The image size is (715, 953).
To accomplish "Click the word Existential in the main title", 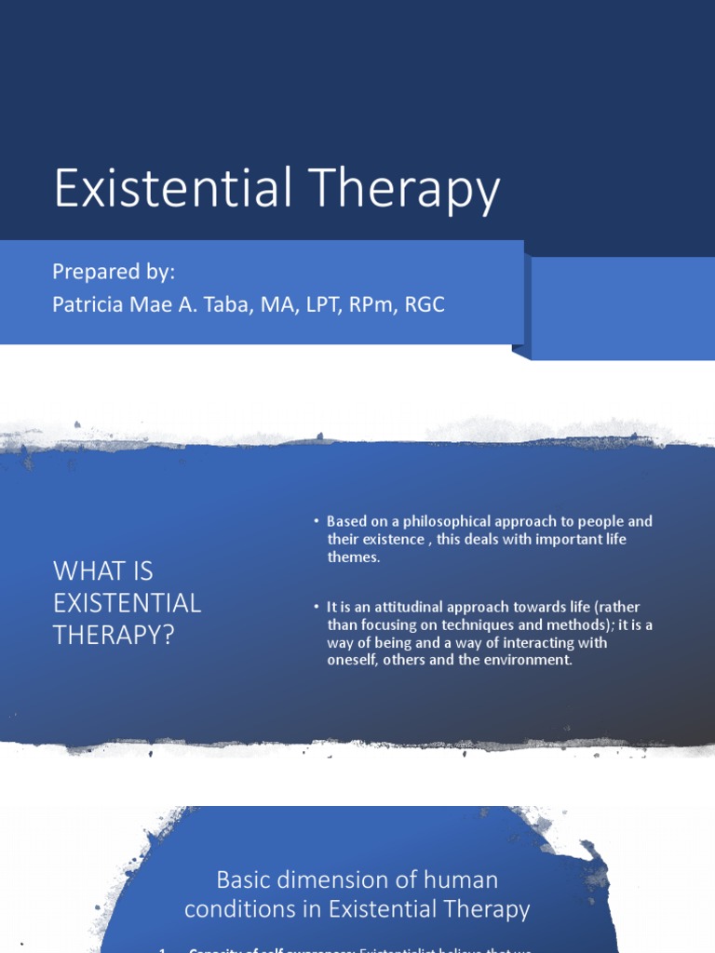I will click(x=165, y=189).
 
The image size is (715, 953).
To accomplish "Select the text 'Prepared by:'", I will click(x=114, y=272).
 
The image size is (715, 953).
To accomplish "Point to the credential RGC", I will click(x=425, y=304).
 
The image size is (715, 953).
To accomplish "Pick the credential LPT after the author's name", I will click(x=322, y=304).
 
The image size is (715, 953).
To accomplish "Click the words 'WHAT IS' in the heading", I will click(x=102, y=570).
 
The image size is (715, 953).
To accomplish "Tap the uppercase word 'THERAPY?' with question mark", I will click(x=114, y=635).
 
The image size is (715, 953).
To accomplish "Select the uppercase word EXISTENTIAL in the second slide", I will click(x=127, y=603).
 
